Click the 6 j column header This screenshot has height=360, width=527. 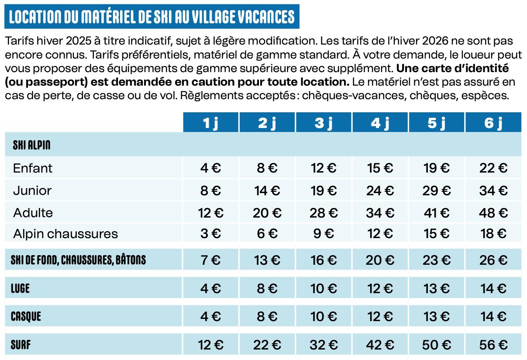[493, 123]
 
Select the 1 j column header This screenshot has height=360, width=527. [210, 123]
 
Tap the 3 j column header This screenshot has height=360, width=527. [324, 123]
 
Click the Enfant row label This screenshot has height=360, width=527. [33, 168]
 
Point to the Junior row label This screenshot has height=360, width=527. [32, 190]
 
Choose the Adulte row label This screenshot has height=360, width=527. [33, 213]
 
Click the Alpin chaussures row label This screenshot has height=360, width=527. [65, 234]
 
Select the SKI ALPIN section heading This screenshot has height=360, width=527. [31, 145]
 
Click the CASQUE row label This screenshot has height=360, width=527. [26, 317]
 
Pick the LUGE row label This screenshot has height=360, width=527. [20, 288]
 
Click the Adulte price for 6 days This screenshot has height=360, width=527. [493, 213]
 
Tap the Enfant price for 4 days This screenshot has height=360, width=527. [380, 168]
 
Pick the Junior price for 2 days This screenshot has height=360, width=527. [267, 190]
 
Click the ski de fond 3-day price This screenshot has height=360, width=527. [324, 260]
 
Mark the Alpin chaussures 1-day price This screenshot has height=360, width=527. [210, 234]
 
